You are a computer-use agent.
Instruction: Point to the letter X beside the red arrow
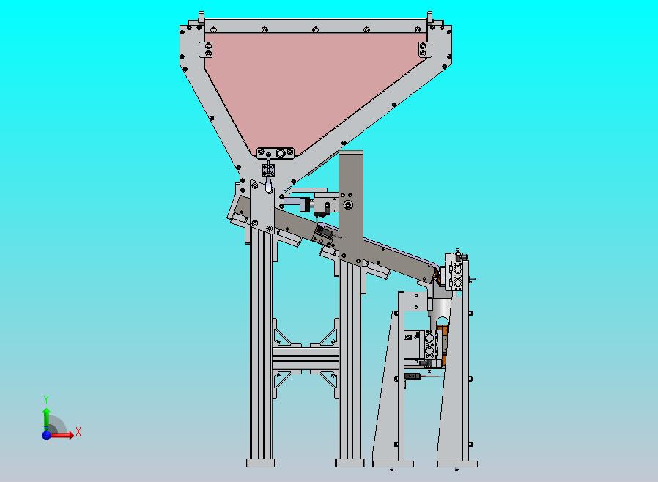point(78,431)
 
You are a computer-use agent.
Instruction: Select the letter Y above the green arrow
point(46,399)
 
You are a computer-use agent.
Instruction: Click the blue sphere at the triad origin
point(47,435)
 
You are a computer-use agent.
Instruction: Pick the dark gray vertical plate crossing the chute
point(351,208)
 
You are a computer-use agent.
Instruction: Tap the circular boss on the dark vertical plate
point(348,204)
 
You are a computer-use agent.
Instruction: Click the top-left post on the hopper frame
point(201,18)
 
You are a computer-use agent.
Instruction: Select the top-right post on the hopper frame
point(429,18)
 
